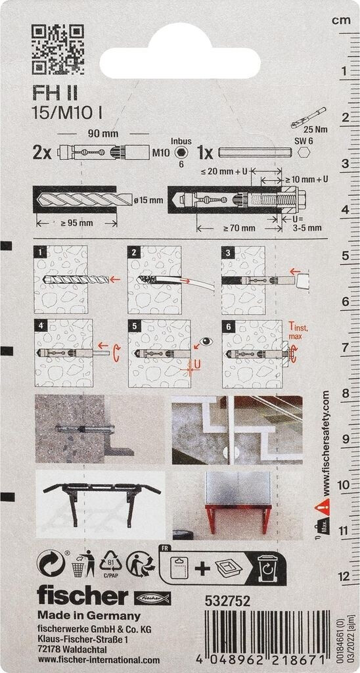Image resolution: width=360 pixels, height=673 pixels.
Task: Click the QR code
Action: click(58, 49)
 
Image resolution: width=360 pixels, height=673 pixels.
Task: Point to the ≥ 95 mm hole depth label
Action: click(76, 223)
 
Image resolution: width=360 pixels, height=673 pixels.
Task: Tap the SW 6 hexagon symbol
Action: click(305, 152)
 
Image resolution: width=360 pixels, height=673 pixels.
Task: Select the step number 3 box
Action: click(227, 252)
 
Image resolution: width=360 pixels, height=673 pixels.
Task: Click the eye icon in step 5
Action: click(207, 342)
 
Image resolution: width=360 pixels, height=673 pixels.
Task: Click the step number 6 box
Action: click(228, 326)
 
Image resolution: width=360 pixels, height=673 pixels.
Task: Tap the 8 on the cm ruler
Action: click(344, 394)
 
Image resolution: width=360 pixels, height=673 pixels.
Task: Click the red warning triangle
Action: click(323, 507)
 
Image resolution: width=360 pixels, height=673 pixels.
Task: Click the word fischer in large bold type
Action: click(83, 596)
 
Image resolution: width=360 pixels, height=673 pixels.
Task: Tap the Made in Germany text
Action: click(89, 615)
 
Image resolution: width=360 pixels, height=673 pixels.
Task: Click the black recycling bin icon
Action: click(267, 567)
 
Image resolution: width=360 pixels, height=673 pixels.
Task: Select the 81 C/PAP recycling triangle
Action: click(111, 563)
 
